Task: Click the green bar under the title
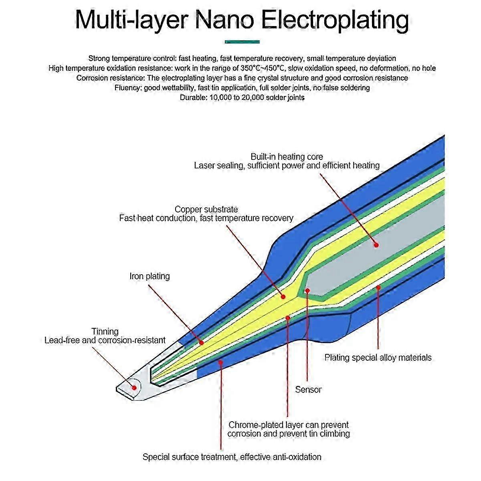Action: (242, 42)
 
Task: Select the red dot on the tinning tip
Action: (134, 388)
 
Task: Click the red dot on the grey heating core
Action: (376, 245)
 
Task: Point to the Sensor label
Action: (308, 389)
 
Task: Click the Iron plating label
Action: (150, 276)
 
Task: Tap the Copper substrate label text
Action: (206, 209)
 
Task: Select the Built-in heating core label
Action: (287, 156)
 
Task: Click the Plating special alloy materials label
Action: (378, 357)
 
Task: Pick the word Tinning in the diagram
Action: (105, 331)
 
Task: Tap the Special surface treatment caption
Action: (232, 457)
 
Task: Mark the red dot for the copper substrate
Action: (283, 297)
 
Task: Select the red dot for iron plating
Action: (202, 342)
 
